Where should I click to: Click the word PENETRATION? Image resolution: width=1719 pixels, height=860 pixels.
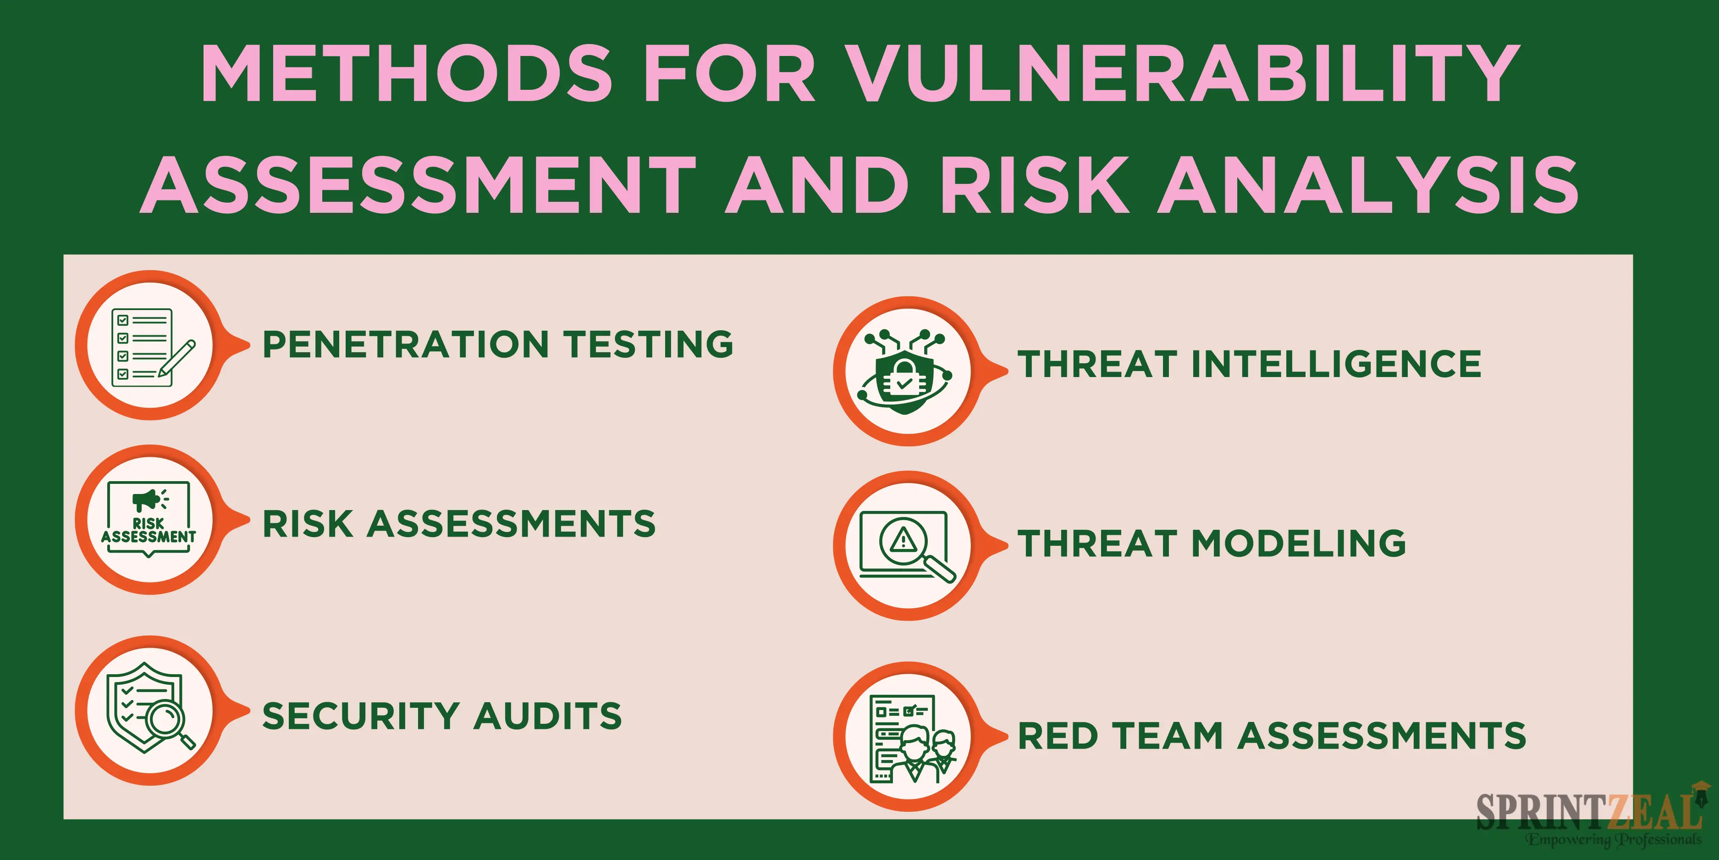[x=406, y=344]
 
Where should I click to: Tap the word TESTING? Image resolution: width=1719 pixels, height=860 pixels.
[x=649, y=344]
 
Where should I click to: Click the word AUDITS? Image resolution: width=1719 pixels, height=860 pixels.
[x=547, y=716]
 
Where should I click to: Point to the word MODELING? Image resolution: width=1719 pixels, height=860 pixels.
[x=1299, y=543]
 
